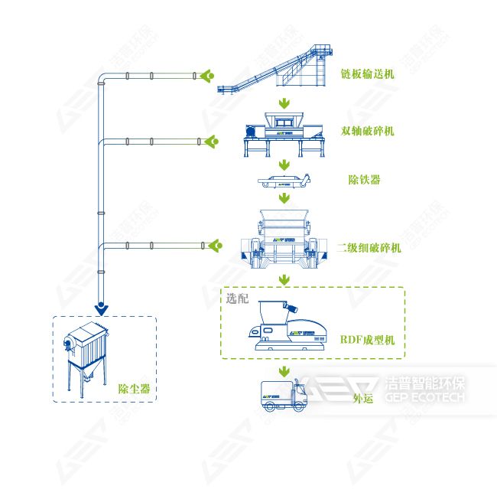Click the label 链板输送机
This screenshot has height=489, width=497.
pos(367,74)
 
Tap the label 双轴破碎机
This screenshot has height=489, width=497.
pos(367,131)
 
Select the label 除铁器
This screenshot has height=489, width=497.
pos(364,180)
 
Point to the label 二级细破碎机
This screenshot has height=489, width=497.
pos(369,247)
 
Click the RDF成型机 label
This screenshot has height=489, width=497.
pos(367,340)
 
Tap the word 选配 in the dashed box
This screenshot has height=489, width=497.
pos(237,298)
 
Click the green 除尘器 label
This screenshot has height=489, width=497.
pos(134,389)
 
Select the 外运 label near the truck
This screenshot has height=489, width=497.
pos(363,398)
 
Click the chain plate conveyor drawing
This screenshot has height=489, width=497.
pos(275,69)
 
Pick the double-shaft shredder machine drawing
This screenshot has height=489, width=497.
pos(284,135)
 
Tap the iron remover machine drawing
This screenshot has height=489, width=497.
pos(284,181)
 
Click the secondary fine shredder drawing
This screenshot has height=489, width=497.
pos(284,239)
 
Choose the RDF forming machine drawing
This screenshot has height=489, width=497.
pos(287,326)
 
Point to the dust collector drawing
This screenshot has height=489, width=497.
pos(86,360)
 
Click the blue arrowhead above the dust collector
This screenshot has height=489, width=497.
pos(101,309)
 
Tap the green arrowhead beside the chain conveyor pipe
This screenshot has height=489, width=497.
pos(207,76)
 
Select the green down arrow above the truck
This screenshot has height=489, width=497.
pos(284,372)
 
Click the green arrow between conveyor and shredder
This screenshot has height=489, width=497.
pos(284,103)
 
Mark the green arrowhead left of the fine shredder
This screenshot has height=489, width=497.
pos(215,246)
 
